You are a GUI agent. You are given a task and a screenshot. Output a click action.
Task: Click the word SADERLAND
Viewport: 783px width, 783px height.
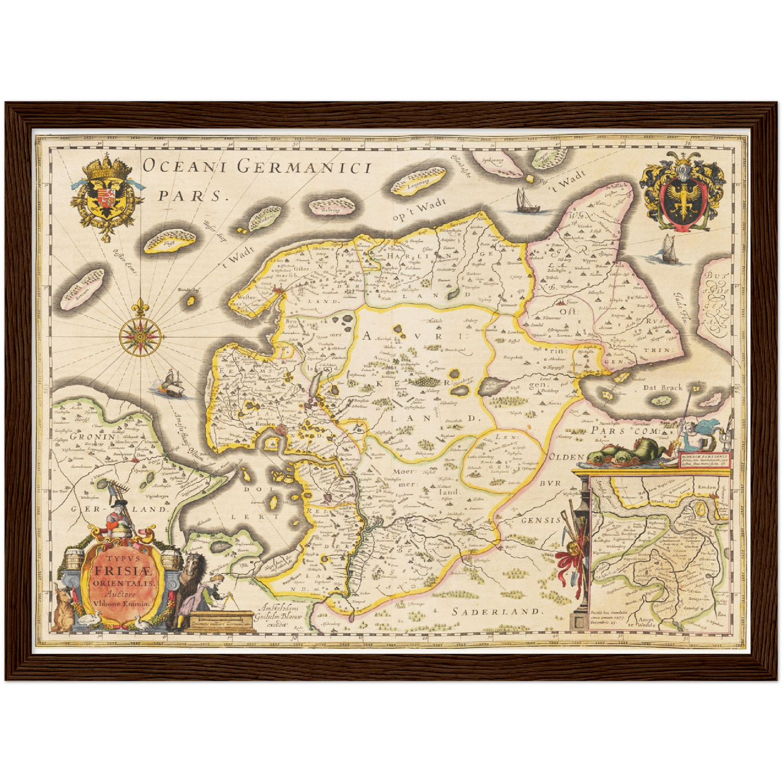[x=497, y=611]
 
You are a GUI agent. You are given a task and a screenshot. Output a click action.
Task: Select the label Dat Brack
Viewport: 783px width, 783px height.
[x=662, y=387]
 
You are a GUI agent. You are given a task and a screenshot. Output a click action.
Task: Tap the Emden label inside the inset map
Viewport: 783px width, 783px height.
[x=706, y=487]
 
